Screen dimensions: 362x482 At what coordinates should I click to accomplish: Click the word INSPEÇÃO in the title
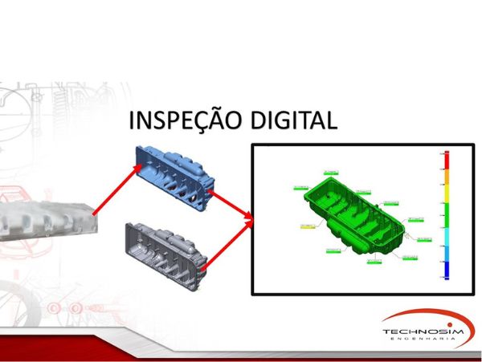coord(185,121)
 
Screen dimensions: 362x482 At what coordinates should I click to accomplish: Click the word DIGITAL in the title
coord(292,121)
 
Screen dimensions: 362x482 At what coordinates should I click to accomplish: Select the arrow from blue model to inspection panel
coord(233,201)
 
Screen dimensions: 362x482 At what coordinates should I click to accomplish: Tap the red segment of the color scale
coord(445,161)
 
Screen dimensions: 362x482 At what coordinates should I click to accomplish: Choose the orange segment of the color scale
coord(445,180)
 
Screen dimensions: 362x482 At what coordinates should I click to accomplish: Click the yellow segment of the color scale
coord(445,193)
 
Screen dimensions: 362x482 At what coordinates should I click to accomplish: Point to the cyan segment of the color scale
coord(445,241)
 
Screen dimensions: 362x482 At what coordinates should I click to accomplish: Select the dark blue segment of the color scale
coord(445,269)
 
